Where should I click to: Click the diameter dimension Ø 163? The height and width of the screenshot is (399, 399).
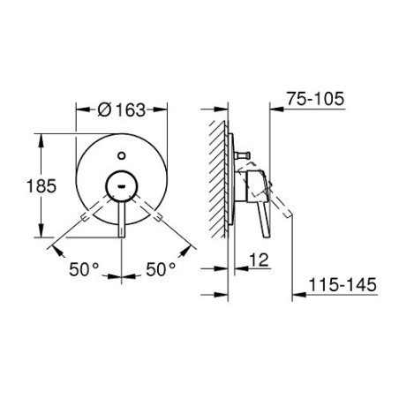(122, 110)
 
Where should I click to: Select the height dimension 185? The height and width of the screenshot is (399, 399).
(41, 186)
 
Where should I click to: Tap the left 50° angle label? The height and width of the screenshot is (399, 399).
(84, 269)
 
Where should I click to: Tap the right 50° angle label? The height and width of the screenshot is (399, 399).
(161, 269)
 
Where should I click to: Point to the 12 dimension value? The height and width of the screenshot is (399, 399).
(260, 260)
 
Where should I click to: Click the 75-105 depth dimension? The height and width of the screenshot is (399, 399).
(315, 99)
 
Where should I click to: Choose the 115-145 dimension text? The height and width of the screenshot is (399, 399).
(343, 284)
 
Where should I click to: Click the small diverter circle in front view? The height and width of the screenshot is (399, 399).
(121, 155)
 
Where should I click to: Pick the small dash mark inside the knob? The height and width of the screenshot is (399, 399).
(121, 186)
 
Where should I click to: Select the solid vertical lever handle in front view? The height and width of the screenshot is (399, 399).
(122, 219)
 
